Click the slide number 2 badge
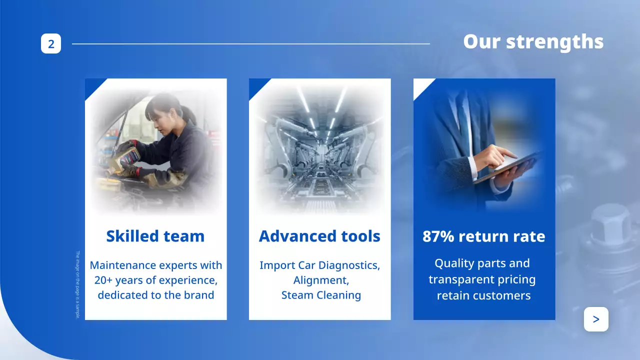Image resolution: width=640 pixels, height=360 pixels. (51, 43)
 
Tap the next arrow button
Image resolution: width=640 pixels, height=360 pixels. (596, 319)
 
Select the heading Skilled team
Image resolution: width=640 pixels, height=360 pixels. (155, 236)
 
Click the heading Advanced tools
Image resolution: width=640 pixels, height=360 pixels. (319, 236)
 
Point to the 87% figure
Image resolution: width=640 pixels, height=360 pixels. (438, 236)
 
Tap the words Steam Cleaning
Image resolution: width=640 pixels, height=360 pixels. (321, 295)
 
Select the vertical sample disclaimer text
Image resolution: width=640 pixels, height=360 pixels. (77, 284)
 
